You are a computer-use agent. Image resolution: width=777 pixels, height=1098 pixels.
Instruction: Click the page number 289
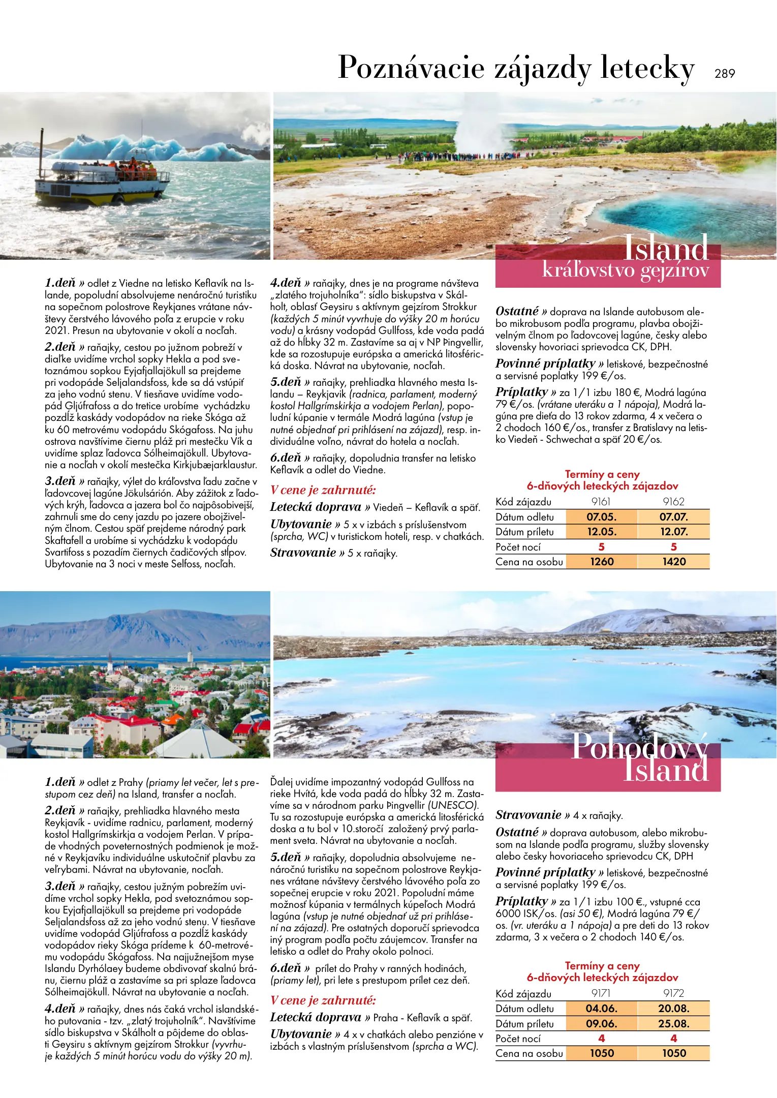[x=724, y=74]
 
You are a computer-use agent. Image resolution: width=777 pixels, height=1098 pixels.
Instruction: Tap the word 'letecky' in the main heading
[x=647, y=68]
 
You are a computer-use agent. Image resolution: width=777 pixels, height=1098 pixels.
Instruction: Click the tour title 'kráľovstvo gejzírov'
[x=625, y=270]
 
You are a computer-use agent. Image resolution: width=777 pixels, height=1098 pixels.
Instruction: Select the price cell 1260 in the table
[x=602, y=562]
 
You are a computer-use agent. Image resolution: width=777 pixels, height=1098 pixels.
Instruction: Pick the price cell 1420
[x=674, y=562]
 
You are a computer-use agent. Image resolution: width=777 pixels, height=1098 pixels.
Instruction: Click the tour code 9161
[x=601, y=502]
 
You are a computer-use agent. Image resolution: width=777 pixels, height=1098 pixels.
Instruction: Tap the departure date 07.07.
[x=674, y=517]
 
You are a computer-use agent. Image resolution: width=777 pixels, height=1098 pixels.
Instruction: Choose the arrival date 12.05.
[x=602, y=532]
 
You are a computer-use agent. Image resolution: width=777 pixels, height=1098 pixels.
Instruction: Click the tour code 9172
[x=674, y=993]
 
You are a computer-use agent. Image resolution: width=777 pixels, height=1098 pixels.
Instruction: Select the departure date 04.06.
[x=601, y=1008]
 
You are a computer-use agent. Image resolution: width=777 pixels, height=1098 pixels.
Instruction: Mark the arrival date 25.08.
[x=674, y=1023]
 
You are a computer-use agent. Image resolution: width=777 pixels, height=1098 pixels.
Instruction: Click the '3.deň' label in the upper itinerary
[x=60, y=481]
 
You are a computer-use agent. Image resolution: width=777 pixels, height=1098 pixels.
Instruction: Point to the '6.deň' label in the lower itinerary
[x=286, y=968]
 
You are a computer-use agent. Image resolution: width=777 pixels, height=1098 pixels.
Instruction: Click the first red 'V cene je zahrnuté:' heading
[x=323, y=490]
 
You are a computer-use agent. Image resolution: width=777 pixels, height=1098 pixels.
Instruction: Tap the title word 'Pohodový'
[x=639, y=747]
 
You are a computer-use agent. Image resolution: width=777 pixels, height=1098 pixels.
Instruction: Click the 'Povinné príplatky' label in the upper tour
[x=545, y=364]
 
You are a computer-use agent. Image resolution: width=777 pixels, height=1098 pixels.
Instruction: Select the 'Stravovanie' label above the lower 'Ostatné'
[x=529, y=815]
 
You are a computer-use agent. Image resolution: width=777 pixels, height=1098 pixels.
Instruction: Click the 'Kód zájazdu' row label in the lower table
[x=523, y=993]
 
